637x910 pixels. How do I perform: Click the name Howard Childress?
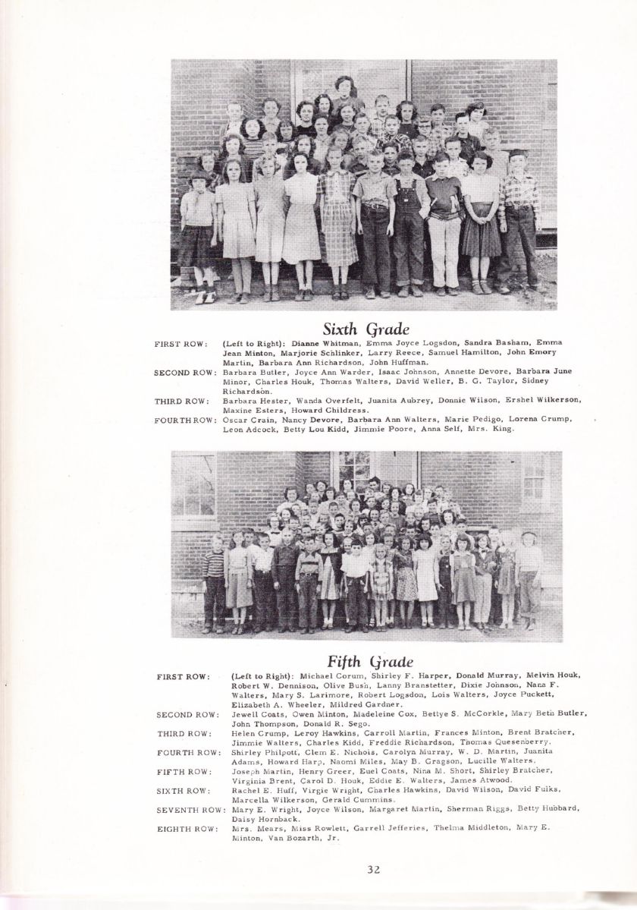333,410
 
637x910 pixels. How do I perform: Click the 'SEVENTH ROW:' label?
190,810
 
